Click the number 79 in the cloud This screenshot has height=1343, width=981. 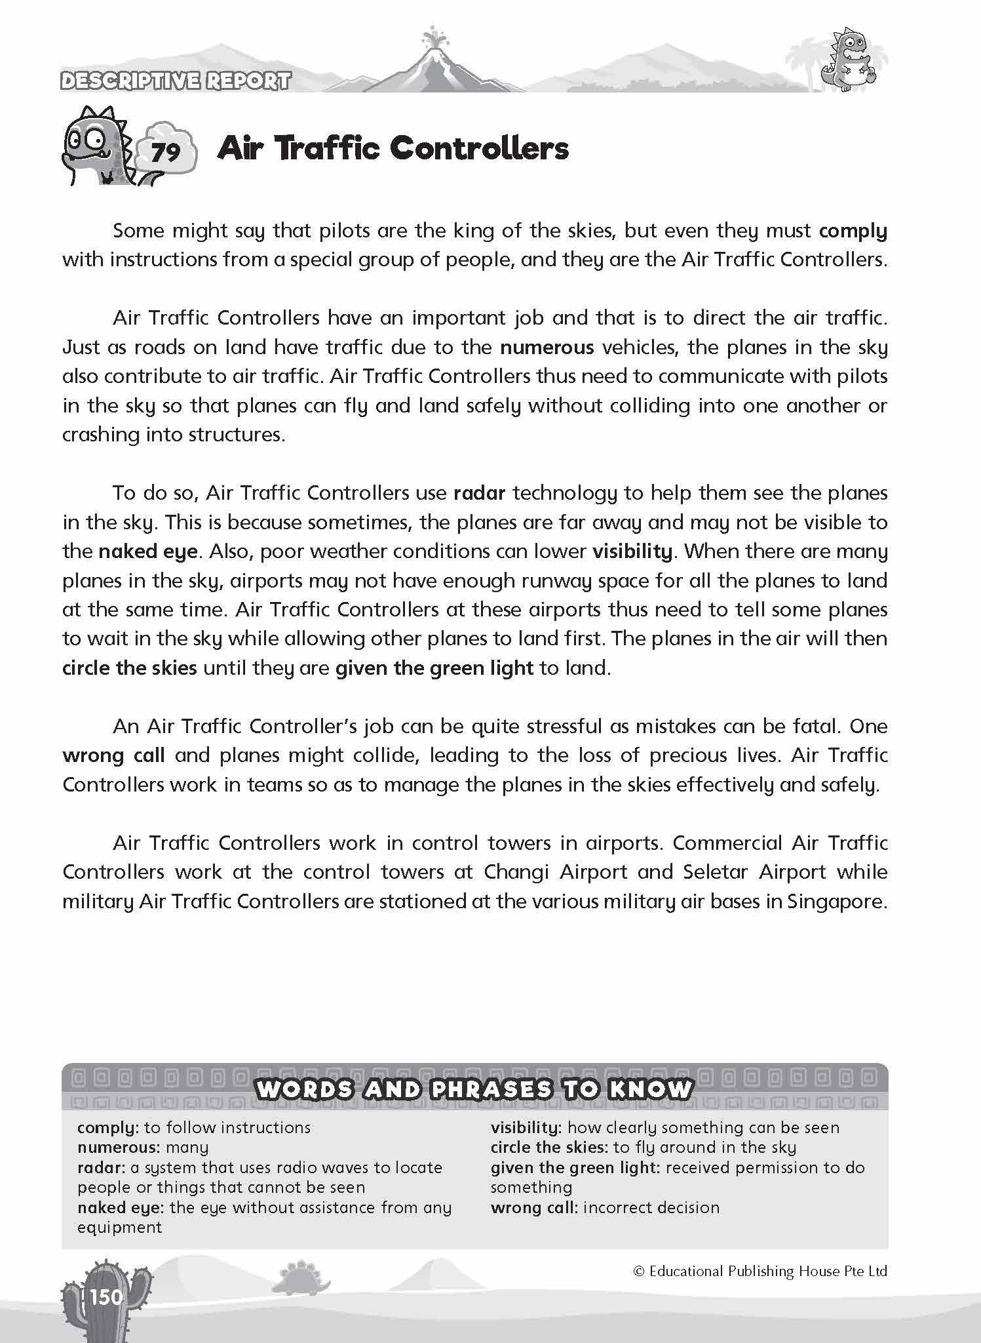(x=165, y=153)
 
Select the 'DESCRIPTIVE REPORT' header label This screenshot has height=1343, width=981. (x=175, y=81)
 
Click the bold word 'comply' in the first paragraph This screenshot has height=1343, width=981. (x=853, y=231)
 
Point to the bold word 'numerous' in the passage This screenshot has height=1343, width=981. (x=547, y=347)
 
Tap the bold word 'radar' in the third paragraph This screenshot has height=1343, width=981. (x=479, y=493)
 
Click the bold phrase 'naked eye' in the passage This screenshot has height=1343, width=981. (x=148, y=551)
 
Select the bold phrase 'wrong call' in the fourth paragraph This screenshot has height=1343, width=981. (x=113, y=755)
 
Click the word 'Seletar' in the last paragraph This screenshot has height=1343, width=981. (x=716, y=872)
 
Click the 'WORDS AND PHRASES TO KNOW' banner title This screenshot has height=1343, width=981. (x=474, y=1089)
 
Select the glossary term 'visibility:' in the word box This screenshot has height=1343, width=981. (x=526, y=1128)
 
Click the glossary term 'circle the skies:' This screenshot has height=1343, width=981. (x=550, y=1148)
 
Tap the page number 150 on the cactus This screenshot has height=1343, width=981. (x=106, y=1297)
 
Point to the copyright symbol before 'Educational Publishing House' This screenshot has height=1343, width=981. (x=639, y=1272)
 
